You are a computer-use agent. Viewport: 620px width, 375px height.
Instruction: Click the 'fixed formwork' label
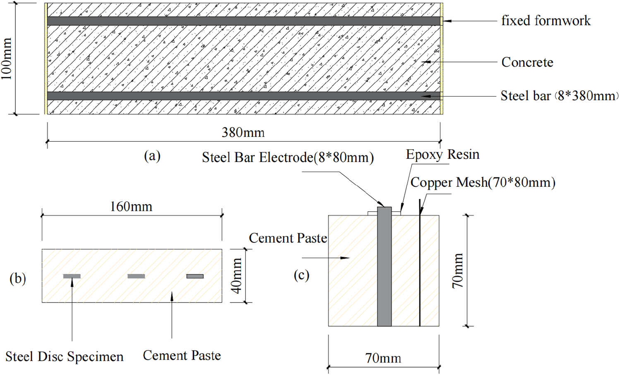pos(546,21)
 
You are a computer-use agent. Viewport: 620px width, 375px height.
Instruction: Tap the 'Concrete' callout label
pos(527,62)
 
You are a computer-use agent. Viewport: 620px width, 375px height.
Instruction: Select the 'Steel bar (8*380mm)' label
pos(560,96)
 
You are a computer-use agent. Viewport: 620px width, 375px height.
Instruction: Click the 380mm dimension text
pos(243,133)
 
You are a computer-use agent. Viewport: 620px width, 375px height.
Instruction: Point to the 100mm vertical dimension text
pos(6,59)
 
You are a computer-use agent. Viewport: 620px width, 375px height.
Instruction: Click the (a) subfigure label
pos(152,156)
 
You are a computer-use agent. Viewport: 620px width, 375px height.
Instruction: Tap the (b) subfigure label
pos(18,278)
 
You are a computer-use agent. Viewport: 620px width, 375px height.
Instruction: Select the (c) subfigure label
pos(301,275)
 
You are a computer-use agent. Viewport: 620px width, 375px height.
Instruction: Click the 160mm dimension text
pos(131,207)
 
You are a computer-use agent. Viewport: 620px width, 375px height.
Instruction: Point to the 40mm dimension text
pos(237,276)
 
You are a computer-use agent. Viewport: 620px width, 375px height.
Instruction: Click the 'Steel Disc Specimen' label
pos(65,357)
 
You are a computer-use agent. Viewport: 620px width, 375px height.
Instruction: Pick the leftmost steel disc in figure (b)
pos(72,276)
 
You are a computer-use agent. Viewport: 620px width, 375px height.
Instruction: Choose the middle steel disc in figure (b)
pos(136,276)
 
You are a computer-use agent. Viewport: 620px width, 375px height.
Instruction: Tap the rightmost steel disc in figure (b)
pos(195,276)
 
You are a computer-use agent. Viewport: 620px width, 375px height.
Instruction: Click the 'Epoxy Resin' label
pos(442,155)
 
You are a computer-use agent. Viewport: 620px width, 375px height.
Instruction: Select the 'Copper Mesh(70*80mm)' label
pos(483,183)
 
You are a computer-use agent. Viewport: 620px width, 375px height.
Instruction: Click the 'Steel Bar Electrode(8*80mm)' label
pos(288,158)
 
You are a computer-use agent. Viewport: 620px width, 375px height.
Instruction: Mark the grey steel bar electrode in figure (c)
pos(384,266)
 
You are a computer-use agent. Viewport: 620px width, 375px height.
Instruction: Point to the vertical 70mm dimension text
pos(458,271)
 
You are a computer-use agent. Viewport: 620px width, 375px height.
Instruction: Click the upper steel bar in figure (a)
pos(244,21)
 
